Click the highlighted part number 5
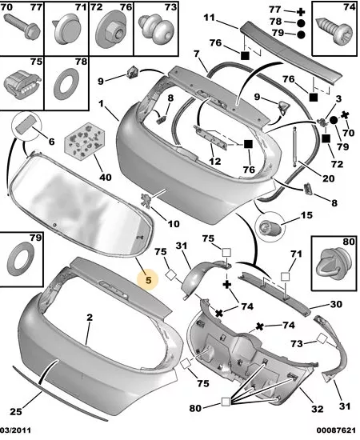148,280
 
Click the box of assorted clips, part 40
85,141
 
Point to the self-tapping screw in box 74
334,32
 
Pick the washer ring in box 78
66,83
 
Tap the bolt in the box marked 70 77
22,26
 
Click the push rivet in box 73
156,29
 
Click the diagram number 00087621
336,430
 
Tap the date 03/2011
15,430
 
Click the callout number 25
16,412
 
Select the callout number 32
318,409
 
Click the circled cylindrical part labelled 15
269,226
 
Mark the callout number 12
215,162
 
